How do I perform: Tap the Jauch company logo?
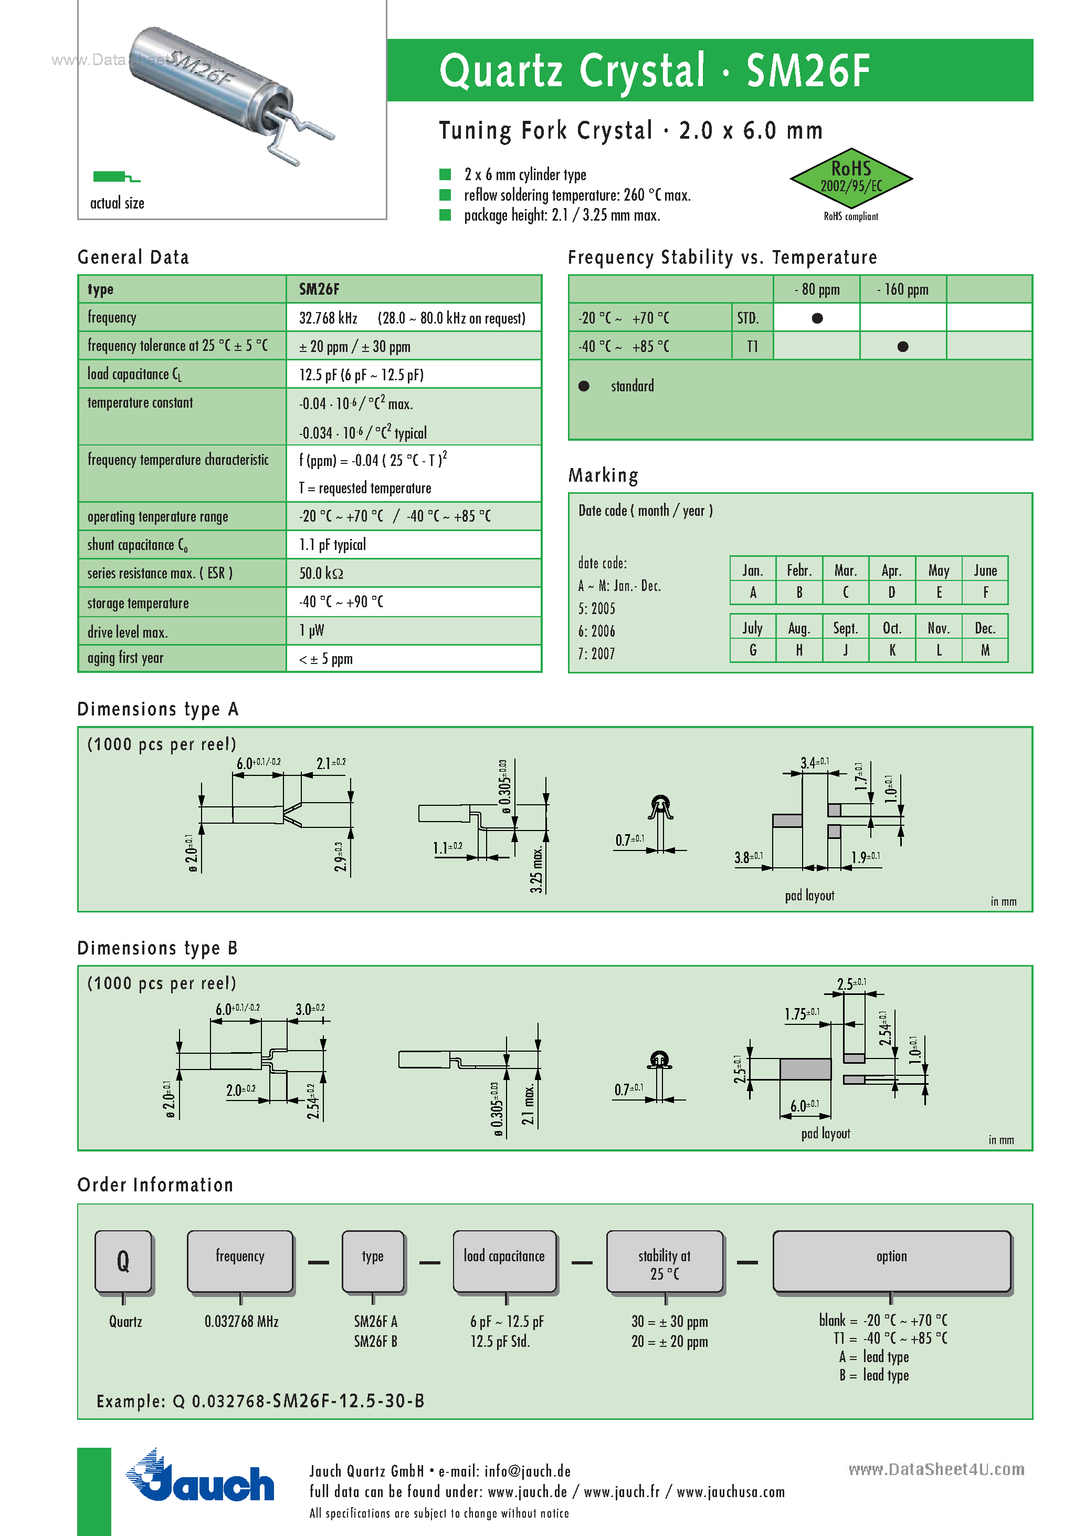(200, 1478)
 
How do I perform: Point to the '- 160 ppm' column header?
(902, 289)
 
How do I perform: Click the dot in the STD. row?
(817, 318)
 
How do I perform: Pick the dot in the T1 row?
(902, 347)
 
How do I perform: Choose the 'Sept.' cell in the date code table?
(845, 628)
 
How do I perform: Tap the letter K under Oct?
(892, 650)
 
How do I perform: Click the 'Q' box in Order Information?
(124, 1261)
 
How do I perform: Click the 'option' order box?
(891, 1261)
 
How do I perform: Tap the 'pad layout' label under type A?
(809, 896)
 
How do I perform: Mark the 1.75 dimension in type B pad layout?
(801, 1014)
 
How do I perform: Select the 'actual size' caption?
(117, 203)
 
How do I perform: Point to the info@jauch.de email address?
(528, 1471)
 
